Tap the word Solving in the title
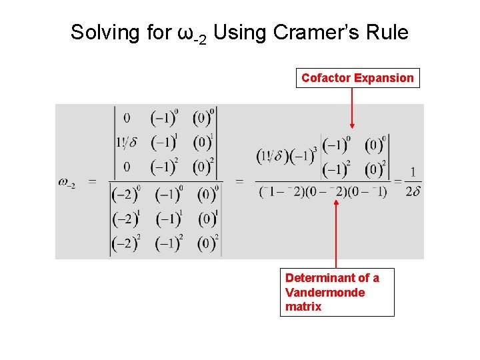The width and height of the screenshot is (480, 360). pyautogui.click(x=104, y=32)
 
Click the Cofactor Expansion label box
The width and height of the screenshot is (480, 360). pyautogui.click(x=357, y=78)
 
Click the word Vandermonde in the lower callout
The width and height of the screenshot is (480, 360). pyautogui.click(x=325, y=293)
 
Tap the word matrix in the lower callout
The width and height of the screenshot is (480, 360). pyautogui.click(x=303, y=307)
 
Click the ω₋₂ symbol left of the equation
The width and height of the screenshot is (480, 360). pyautogui.click(x=67, y=183)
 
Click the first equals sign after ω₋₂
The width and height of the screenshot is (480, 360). pyautogui.click(x=93, y=182)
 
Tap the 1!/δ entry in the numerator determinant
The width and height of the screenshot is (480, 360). pyautogui.click(x=127, y=142)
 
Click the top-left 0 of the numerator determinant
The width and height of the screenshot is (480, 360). pyautogui.click(x=127, y=118)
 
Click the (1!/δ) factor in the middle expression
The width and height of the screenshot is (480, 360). pyautogui.click(x=274, y=157)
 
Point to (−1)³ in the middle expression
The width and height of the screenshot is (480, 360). pyautogui.click(x=305, y=157)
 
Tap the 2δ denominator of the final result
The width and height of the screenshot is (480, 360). pyautogui.click(x=413, y=192)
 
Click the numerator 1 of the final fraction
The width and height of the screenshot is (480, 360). pyautogui.click(x=413, y=173)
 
